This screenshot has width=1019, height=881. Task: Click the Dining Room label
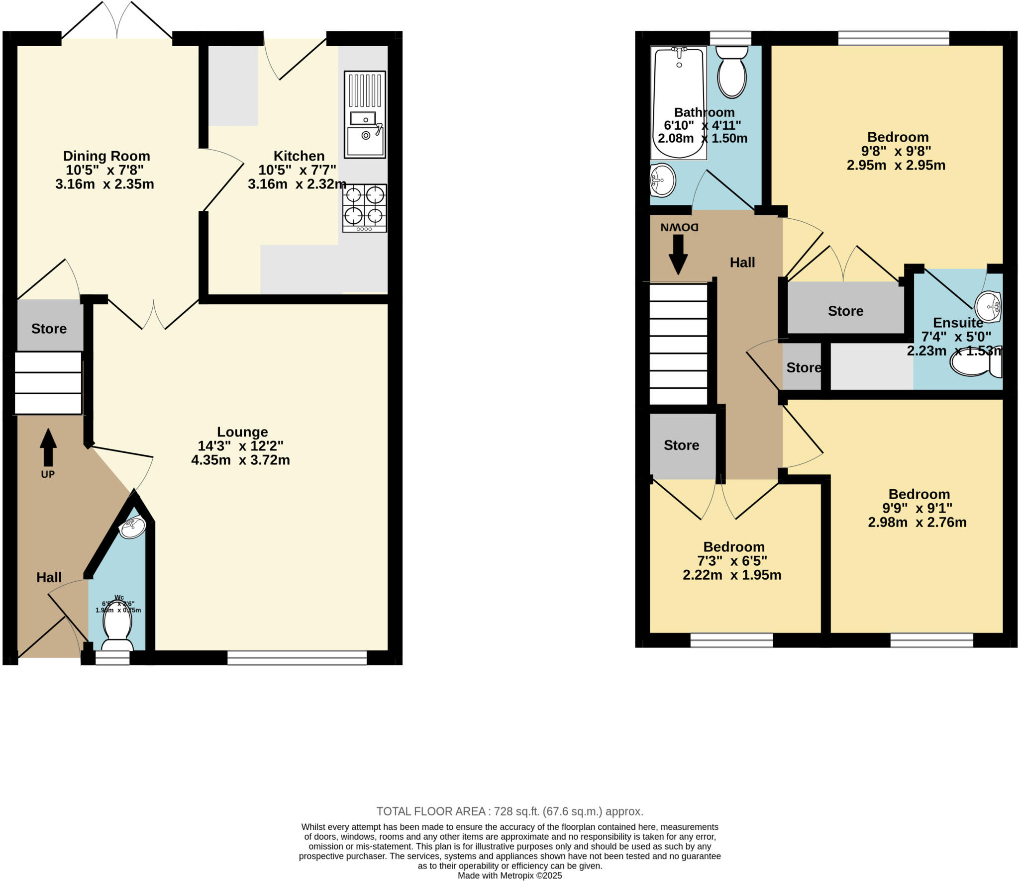click(x=106, y=156)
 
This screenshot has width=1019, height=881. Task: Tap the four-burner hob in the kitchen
click(x=364, y=208)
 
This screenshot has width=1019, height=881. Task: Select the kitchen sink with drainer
click(x=365, y=115)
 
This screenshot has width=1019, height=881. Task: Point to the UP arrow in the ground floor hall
click(x=48, y=447)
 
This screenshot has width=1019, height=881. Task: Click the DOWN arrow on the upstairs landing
click(x=678, y=254)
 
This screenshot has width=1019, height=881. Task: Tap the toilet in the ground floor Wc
click(x=117, y=626)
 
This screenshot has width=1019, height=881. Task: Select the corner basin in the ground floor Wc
click(x=132, y=528)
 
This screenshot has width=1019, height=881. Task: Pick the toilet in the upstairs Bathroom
click(x=732, y=72)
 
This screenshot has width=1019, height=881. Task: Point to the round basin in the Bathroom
click(x=662, y=180)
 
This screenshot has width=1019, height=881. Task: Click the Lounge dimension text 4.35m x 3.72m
click(x=240, y=460)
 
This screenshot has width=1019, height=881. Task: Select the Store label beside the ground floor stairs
click(x=49, y=329)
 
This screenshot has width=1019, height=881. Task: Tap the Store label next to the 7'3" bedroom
click(x=681, y=445)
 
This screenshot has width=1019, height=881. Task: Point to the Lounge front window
click(x=297, y=658)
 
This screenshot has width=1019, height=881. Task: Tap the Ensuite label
click(x=958, y=323)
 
